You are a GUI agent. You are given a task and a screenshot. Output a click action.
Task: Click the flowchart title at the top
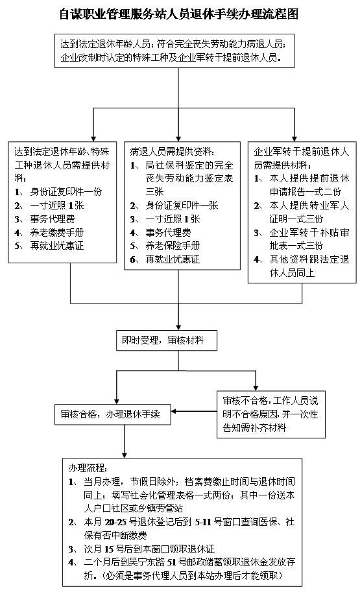coord(179,14)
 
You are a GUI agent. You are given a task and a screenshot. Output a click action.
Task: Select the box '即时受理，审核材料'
coord(167,340)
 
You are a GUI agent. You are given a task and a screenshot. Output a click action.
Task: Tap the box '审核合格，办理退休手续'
coord(113,414)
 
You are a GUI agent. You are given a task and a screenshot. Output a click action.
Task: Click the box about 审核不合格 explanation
coord(271,414)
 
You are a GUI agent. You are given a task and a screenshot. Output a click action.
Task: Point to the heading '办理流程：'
coord(88,468)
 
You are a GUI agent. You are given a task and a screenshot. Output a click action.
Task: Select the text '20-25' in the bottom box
coord(116,522)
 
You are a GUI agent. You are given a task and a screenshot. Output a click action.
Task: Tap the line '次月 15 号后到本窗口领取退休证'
coord(149,549)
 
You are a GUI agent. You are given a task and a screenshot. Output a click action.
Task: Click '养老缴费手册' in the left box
coord(57,232)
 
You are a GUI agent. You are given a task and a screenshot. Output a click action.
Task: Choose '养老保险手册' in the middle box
coord(173,246)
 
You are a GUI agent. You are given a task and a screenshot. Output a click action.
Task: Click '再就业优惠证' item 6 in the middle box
coord(173,259)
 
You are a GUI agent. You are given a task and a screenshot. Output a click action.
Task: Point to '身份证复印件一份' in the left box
coord(66,192)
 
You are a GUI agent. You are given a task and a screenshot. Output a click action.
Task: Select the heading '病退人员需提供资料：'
coord(172,152)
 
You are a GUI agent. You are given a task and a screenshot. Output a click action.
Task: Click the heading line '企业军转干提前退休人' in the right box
coord(301,152)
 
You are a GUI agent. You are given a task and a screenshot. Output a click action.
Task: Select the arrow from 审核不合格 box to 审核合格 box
coord(194,411)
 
